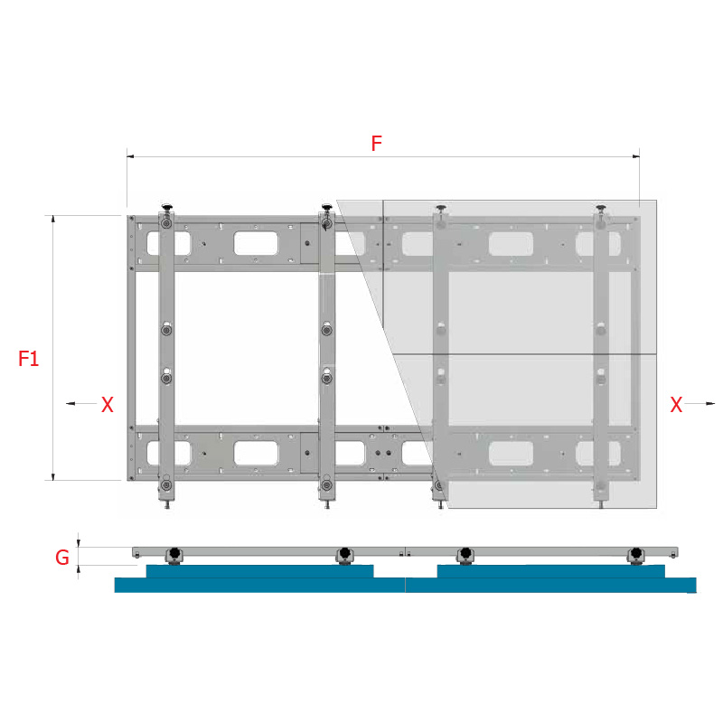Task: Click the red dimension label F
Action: click(376, 144)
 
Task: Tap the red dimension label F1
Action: click(28, 359)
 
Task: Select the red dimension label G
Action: click(62, 558)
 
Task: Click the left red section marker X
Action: click(107, 404)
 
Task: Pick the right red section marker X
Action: click(676, 404)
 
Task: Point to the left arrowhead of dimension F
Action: click(130, 156)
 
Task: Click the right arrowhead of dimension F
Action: click(636, 156)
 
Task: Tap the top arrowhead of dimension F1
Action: click(53, 219)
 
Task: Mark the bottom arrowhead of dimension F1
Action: click(53, 476)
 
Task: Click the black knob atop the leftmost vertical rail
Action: click(166, 207)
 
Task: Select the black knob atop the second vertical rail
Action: click(327, 207)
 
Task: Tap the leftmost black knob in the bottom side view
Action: click(174, 553)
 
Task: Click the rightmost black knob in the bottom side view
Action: click(636, 553)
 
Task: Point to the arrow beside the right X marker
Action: click(700, 403)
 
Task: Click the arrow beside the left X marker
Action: click(81, 403)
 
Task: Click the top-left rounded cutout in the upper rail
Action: click(168, 243)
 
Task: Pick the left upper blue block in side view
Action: click(259, 571)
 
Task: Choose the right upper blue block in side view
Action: click(551, 571)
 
